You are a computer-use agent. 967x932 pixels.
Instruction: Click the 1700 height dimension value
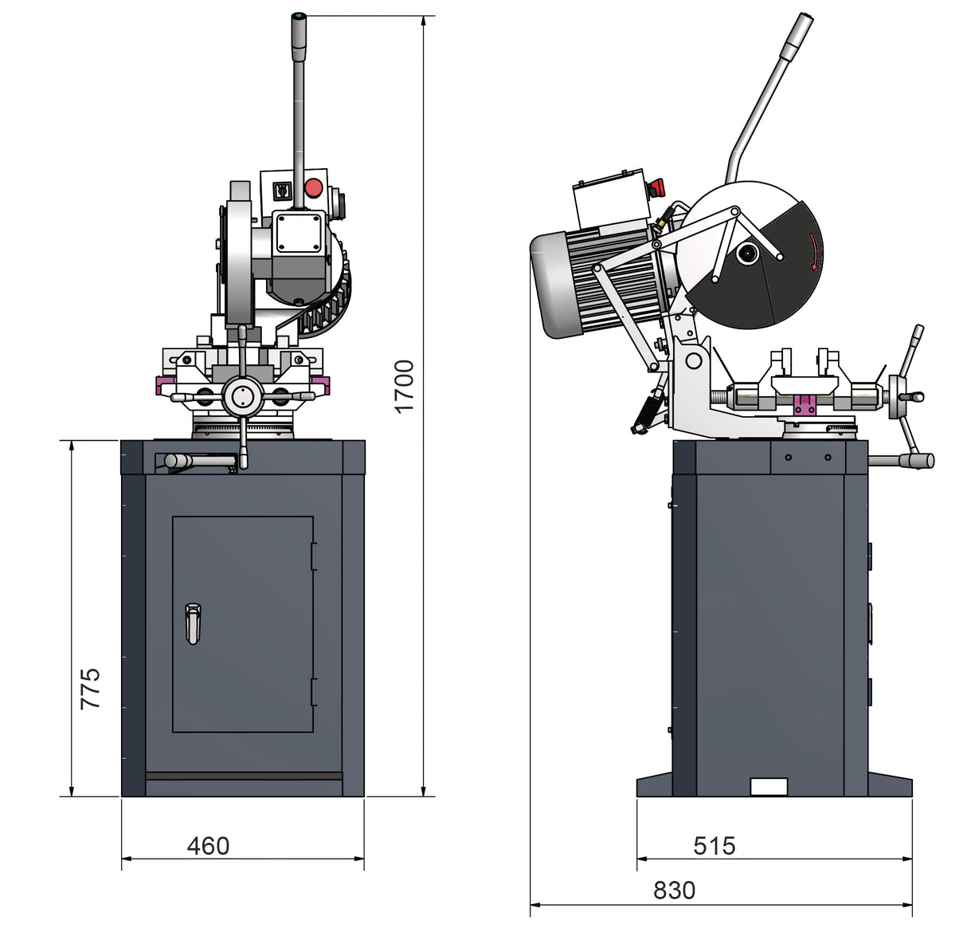click(x=405, y=386)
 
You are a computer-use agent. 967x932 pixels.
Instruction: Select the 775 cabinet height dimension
click(x=90, y=688)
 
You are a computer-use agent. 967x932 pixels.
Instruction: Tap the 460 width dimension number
click(x=208, y=845)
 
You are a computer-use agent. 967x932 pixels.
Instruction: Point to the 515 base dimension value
click(x=714, y=845)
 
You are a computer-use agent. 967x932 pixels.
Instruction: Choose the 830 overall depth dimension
click(x=674, y=890)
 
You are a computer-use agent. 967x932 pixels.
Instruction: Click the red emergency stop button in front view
click(x=313, y=188)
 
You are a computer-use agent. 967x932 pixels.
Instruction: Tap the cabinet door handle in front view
click(x=193, y=623)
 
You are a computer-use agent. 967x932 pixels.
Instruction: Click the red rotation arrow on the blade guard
click(x=813, y=252)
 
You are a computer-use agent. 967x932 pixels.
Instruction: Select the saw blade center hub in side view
click(x=746, y=254)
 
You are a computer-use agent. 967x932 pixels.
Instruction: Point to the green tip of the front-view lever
click(x=299, y=16)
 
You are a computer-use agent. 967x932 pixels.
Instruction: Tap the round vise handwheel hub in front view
click(x=243, y=396)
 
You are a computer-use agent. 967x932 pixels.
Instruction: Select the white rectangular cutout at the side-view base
click(x=769, y=787)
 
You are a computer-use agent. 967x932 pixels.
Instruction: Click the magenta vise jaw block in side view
click(x=805, y=405)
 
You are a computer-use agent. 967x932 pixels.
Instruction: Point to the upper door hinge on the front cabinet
click(x=314, y=556)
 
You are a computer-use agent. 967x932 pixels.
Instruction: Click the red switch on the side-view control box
click(x=657, y=188)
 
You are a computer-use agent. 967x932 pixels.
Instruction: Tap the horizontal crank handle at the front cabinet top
click(x=199, y=461)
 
